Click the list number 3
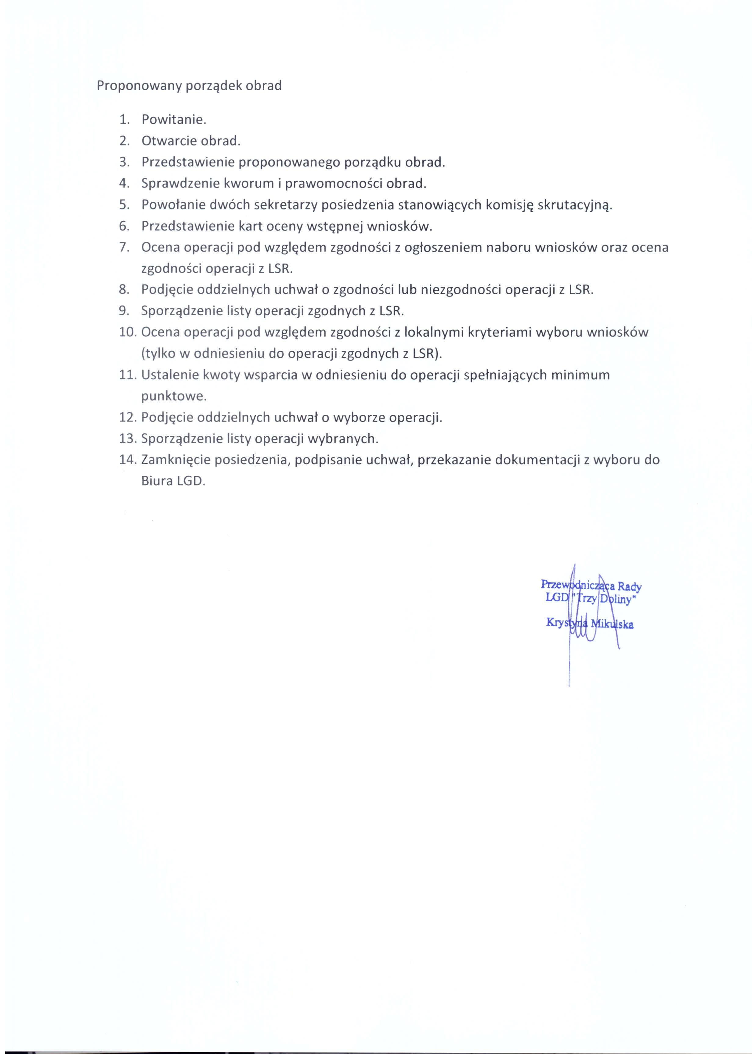124,163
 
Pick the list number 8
124,290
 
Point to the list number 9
124,311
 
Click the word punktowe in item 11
174,396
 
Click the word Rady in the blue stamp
629,587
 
